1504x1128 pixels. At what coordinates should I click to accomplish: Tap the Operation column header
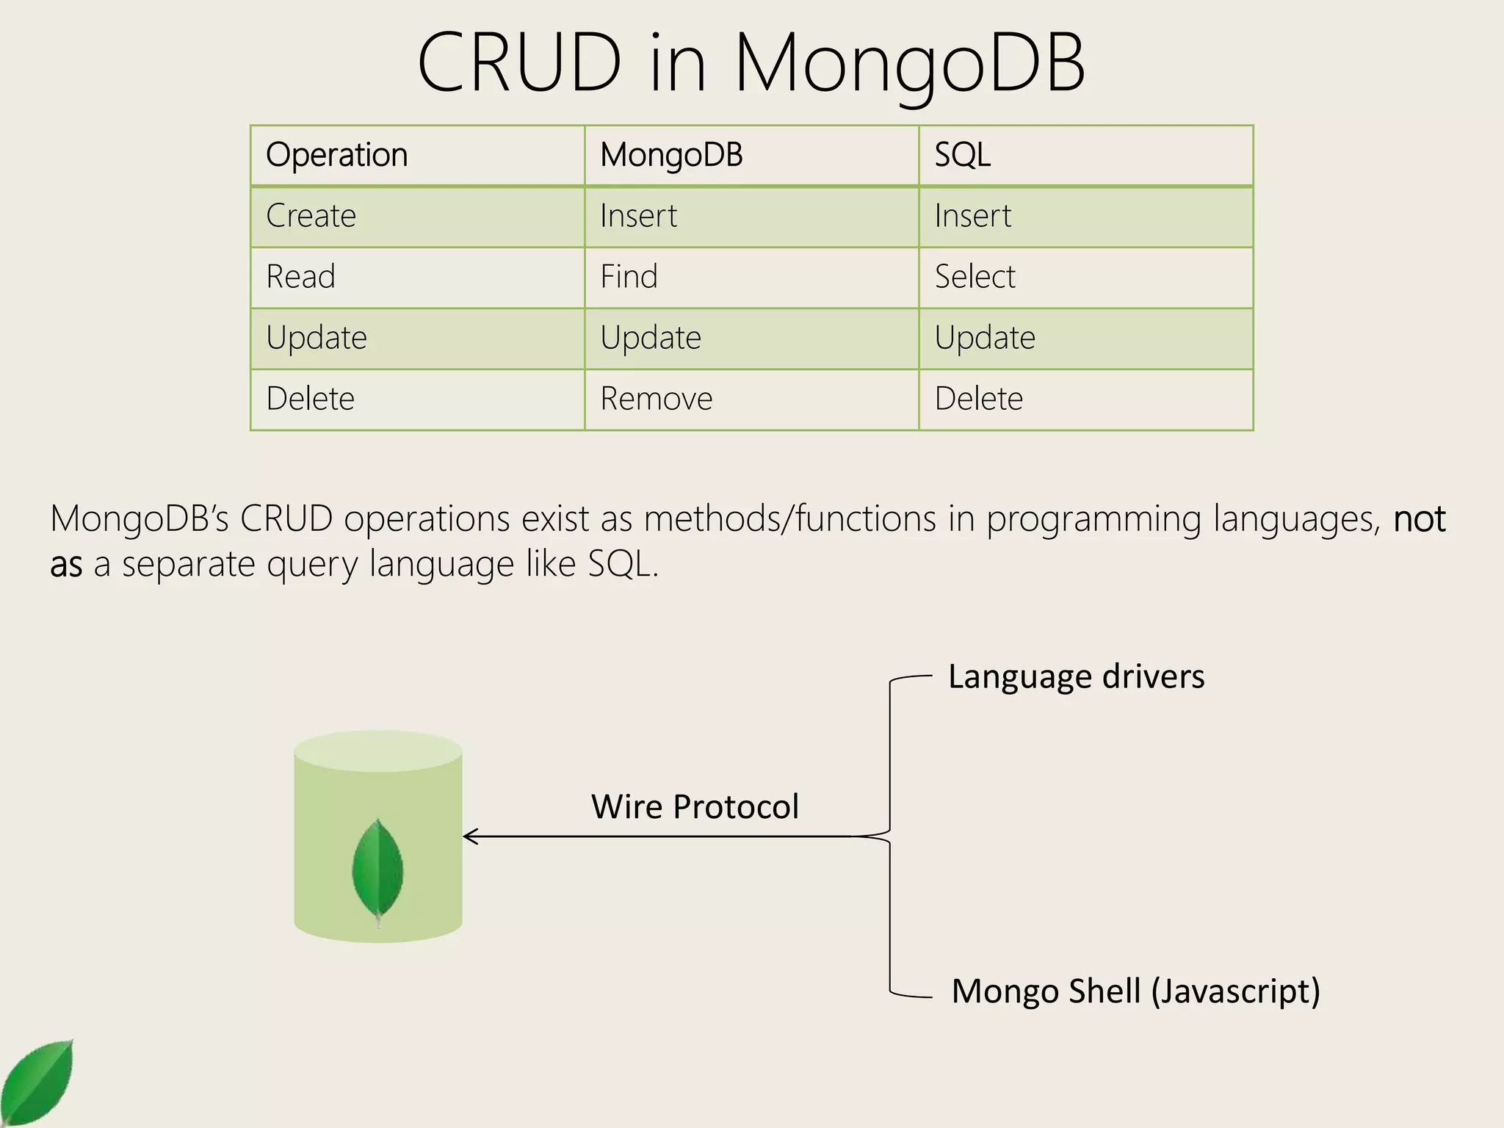pos(336,155)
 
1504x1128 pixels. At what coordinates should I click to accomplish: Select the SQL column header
pos(962,155)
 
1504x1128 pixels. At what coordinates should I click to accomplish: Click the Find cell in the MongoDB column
pos(629,277)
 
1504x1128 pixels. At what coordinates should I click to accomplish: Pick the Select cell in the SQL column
pos(975,277)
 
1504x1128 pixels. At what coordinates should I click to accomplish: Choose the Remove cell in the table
pos(656,399)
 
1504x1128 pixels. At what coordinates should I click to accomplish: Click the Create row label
pos(311,216)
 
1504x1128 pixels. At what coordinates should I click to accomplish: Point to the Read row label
pos(300,277)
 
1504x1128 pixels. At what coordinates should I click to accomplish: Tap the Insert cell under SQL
pos(972,216)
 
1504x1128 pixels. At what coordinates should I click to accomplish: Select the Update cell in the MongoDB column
pos(651,338)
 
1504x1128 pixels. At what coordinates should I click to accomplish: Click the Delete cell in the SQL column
pos(978,399)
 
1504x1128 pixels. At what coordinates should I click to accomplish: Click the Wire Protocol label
pos(695,806)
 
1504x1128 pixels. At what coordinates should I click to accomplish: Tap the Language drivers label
pos(1076,676)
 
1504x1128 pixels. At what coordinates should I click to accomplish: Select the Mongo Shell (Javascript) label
pos(1135,991)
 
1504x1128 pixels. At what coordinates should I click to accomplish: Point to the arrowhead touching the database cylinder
pos(470,836)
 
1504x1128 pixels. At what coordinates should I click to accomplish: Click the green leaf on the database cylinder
pos(377,870)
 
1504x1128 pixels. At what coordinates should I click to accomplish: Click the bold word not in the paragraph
pos(1420,518)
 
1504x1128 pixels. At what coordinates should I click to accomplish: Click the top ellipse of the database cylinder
pos(378,751)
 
